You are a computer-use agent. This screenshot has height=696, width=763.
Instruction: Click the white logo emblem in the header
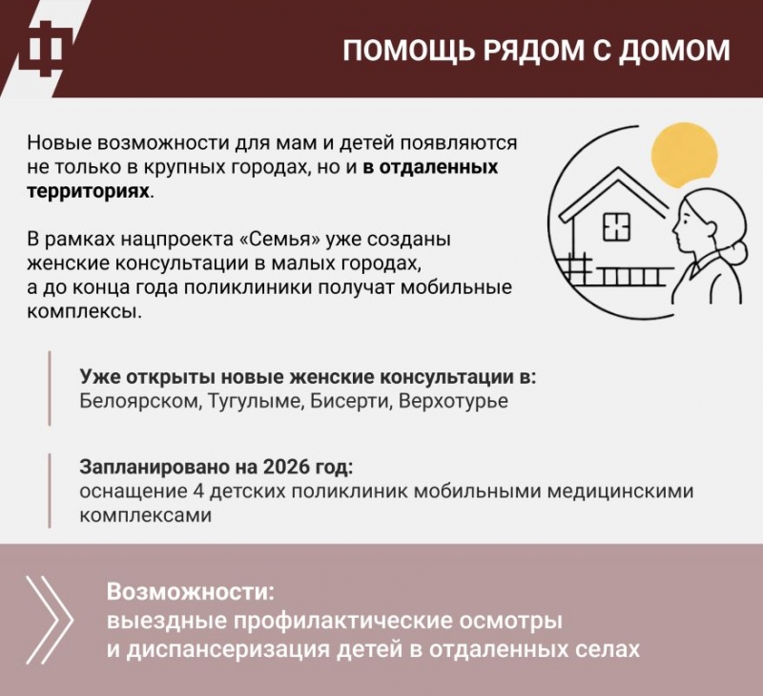46,48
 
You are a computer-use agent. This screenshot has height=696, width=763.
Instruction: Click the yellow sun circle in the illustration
685,156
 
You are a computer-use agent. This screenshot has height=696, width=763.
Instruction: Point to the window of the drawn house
616,227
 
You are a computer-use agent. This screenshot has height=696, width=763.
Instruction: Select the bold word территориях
88,191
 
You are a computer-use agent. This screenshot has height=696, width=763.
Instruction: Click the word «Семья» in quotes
282,240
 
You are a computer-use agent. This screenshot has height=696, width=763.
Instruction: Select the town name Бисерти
351,401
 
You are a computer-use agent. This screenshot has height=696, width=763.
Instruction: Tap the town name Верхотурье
453,401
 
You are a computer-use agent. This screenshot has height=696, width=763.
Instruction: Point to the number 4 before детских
197,491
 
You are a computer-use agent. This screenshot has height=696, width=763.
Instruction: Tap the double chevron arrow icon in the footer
50,620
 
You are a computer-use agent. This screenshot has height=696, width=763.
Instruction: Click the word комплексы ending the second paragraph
84,312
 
